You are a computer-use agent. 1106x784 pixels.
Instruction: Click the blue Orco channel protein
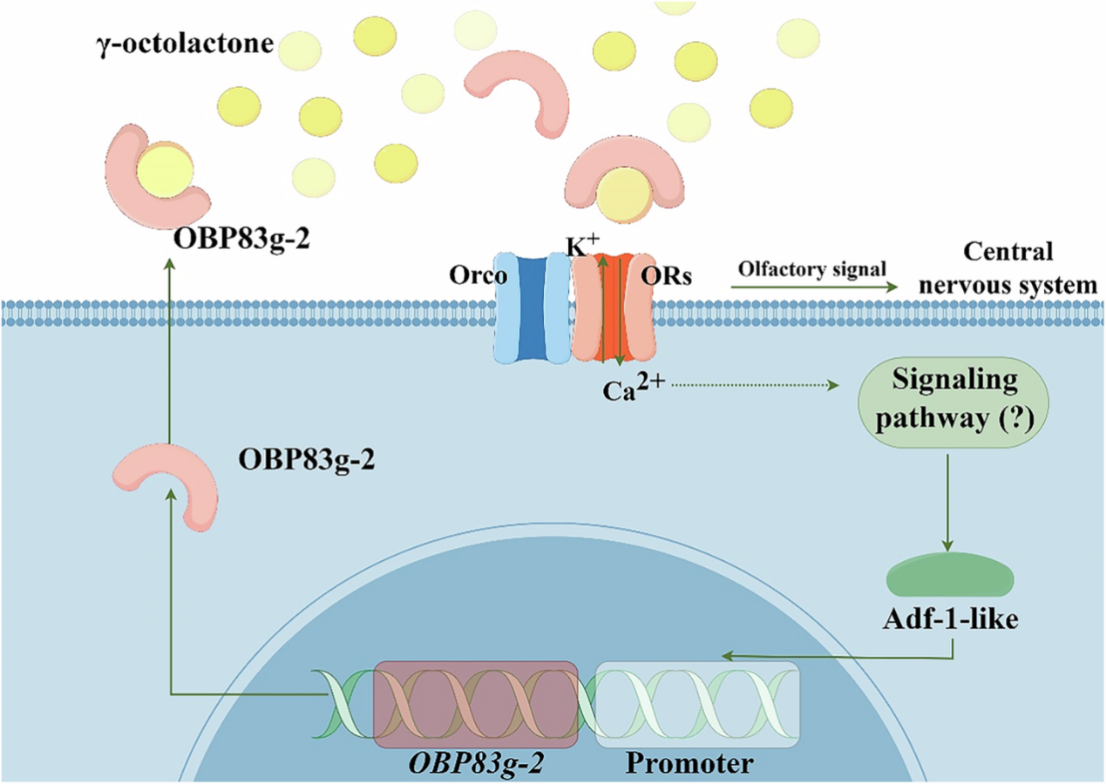pos(532,308)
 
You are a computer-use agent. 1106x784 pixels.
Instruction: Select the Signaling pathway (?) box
pos(953,399)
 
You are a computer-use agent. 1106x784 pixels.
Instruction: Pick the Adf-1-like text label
pos(950,621)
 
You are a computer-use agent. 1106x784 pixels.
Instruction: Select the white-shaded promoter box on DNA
pos(697,704)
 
